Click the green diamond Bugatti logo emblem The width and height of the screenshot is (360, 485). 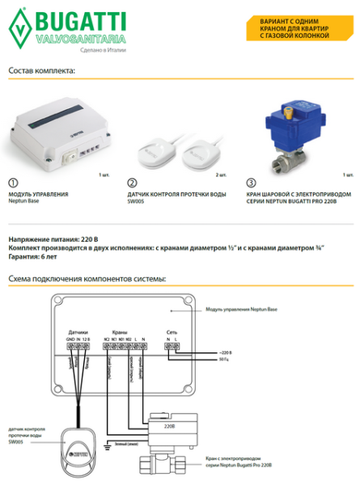click(17, 28)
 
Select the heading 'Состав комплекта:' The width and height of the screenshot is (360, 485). click(41, 71)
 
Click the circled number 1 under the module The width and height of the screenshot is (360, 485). click(12, 183)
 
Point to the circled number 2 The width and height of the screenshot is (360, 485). click(133, 183)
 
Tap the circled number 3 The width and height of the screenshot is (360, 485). click(252, 183)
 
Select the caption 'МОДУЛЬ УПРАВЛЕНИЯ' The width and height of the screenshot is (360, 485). click(38, 195)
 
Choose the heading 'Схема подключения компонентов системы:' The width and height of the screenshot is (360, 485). click(87, 279)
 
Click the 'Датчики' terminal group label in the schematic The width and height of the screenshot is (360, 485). click(78, 333)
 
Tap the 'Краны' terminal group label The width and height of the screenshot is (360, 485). click(121, 333)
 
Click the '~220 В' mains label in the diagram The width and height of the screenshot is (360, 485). click(225, 354)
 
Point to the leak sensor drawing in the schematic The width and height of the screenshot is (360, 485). click(78, 441)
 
